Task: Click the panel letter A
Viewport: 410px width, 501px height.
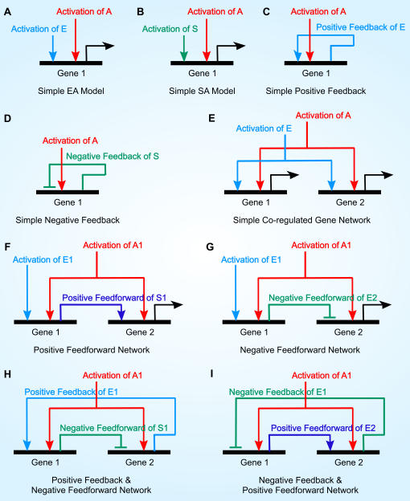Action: pyautogui.click(x=7, y=12)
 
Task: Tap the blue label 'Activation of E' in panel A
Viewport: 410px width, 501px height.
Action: pyautogui.click(x=39, y=29)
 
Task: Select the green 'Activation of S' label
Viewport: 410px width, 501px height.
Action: pyautogui.click(x=170, y=29)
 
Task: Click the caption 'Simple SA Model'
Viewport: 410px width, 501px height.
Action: pyautogui.click(x=202, y=91)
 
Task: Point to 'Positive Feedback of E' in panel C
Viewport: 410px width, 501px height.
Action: pyautogui.click(x=361, y=27)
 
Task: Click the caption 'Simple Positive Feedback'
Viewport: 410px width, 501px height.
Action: pyautogui.click(x=316, y=91)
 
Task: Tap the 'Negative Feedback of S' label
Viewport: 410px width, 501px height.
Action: pyautogui.click(x=113, y=157)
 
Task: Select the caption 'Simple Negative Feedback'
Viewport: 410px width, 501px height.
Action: pyautogui.click(x=68, y=220)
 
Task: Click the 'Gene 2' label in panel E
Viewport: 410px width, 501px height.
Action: pyautogui.click(x=350, y=202)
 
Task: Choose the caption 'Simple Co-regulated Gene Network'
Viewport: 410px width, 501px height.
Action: pyautogui.click(x=301, y=220)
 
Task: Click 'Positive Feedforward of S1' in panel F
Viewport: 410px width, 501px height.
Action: pyautogui.click(x=114, y=298)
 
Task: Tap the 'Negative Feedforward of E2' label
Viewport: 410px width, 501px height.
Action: pyautogui.click(x=322, y=298)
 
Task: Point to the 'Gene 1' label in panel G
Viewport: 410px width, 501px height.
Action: pyautogui.click(x=254, y=332)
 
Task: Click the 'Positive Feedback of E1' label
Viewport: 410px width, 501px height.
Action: pyautogui.click(x=71, y=392)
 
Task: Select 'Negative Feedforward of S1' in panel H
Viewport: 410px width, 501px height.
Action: pyautogui.click(x=114, y=428)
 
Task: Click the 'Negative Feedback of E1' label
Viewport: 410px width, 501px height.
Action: pyautogui.click(x=277, y=392)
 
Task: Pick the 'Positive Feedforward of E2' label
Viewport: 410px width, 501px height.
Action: pyautogui.click(x=323, y=428)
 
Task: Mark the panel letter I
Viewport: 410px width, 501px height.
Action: pyautogui.click(x=211, y=373)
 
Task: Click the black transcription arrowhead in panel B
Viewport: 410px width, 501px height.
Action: pyautogui.click(x=240, y=46)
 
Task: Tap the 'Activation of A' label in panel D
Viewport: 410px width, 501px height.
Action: pyautogui.click(x=70, y=141)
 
